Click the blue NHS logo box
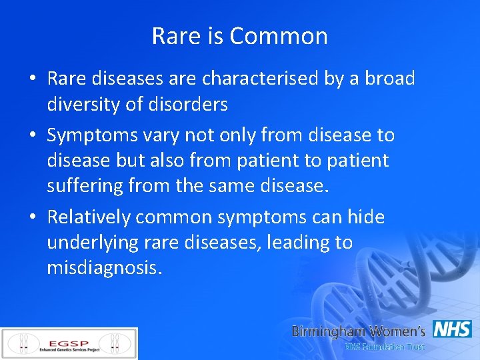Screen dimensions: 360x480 click(x=452, y=329)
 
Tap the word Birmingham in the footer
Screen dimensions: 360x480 click(x=329, y=331)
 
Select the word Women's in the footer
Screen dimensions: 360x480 click(x=398, y=331)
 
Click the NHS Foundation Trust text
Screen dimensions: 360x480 click(x=384, y=347)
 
